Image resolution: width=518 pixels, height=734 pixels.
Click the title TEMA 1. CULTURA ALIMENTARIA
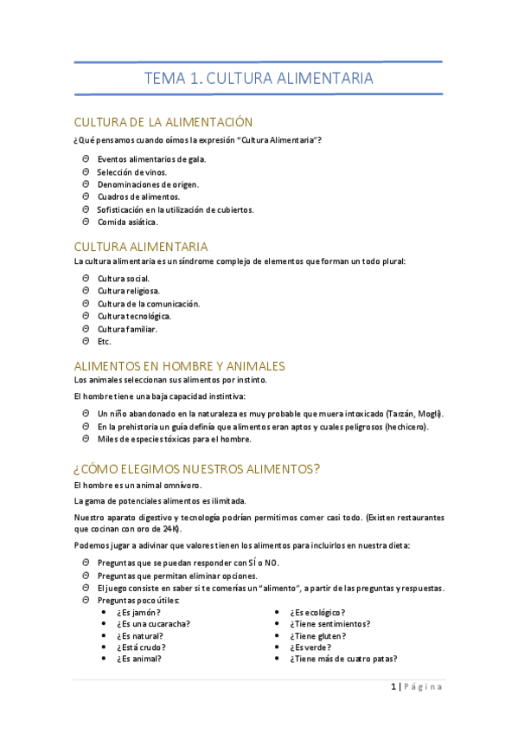(x=259, y=78)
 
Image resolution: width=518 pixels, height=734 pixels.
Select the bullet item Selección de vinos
(x=132, y=171)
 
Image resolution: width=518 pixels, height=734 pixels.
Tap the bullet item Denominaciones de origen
(x=148, y=184)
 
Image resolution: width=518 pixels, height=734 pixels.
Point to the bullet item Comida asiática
(x=127, y=222)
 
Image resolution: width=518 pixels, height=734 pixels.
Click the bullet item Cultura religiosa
(x=129, y=291)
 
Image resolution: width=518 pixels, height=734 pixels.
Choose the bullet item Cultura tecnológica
(x=134, y=316)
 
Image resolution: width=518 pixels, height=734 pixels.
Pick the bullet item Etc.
(x=105, y=341)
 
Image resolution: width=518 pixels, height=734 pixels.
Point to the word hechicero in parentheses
(x=406, y=426)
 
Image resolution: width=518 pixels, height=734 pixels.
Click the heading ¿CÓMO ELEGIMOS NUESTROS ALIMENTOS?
(x=197, y=469)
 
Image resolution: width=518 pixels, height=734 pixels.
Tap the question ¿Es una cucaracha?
(x=153, y=623)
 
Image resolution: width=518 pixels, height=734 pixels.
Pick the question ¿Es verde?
(x=311, y=647)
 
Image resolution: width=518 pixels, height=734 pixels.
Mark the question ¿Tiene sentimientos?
(x=330, y=623)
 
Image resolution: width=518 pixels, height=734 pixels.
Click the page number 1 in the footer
(x=394, y=686)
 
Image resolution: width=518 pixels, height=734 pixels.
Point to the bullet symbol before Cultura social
(x=86, y=278)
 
